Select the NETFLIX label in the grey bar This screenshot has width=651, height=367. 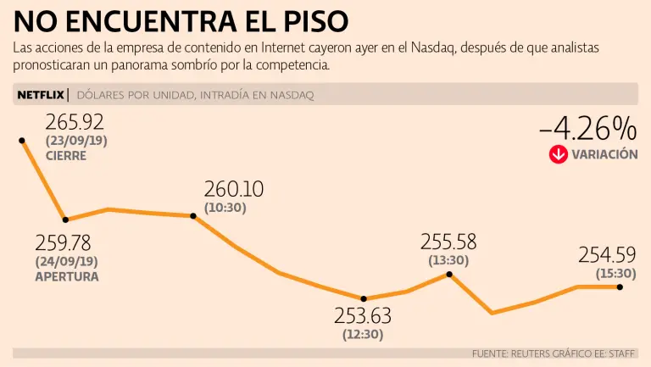[39, 95]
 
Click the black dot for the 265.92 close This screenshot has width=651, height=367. [22, 140]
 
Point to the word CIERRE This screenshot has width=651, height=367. [66, 156]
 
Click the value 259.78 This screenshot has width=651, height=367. [64, 243]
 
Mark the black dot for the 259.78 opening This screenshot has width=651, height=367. [65, 220]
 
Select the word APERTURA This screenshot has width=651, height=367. [67, 276]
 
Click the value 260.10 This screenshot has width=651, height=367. [233, 188]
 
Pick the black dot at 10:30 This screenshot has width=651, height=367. [194, 216]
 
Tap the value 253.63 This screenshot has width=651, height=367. [363, 317]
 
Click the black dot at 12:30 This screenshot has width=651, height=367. [363, 298]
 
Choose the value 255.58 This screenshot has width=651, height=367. [448, 241]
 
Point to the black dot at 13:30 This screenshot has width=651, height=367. [448, 274]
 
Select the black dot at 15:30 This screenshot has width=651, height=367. [620, 287]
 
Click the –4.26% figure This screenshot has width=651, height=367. [587, 129]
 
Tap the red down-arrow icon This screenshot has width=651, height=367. [558, 154]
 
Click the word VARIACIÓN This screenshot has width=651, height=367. [604, 154]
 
